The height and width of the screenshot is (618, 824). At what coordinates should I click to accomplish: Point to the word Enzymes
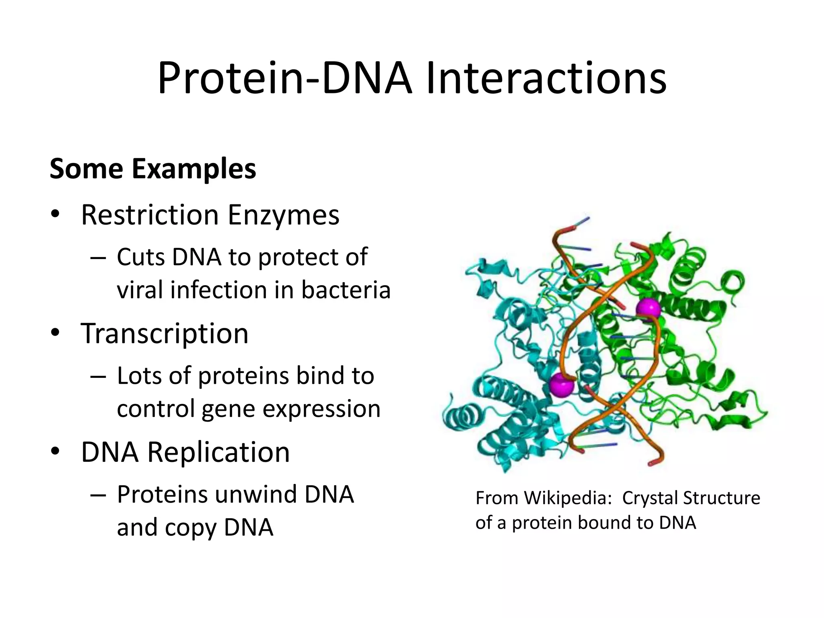283,215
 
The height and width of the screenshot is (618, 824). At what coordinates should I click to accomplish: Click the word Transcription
165,334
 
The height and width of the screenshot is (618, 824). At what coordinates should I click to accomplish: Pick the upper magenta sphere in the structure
648,309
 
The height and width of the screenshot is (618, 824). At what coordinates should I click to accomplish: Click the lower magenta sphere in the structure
561,385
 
